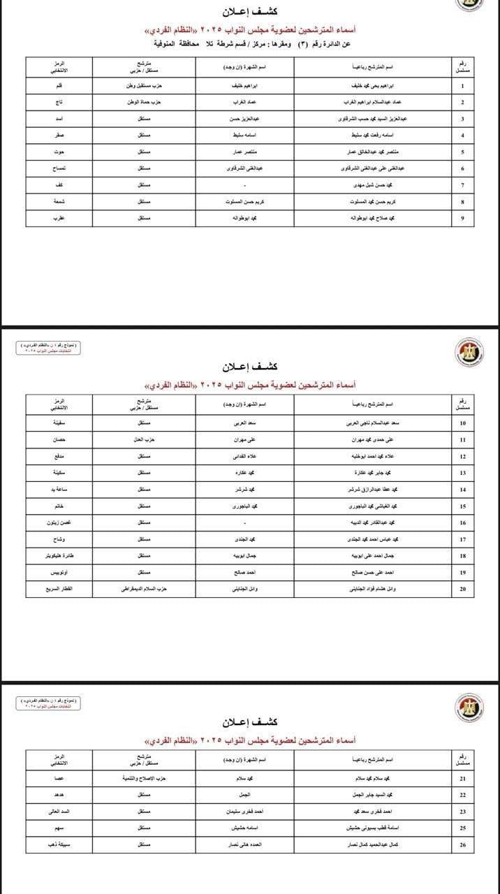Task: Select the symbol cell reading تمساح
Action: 60,168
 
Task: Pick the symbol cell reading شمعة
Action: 60,201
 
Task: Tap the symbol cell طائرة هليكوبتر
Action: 60,555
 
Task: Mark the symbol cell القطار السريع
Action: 60,589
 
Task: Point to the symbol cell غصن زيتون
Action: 60,522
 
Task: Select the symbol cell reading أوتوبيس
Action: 60,572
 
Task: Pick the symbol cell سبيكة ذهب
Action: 60,844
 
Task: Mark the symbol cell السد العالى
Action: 60,811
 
